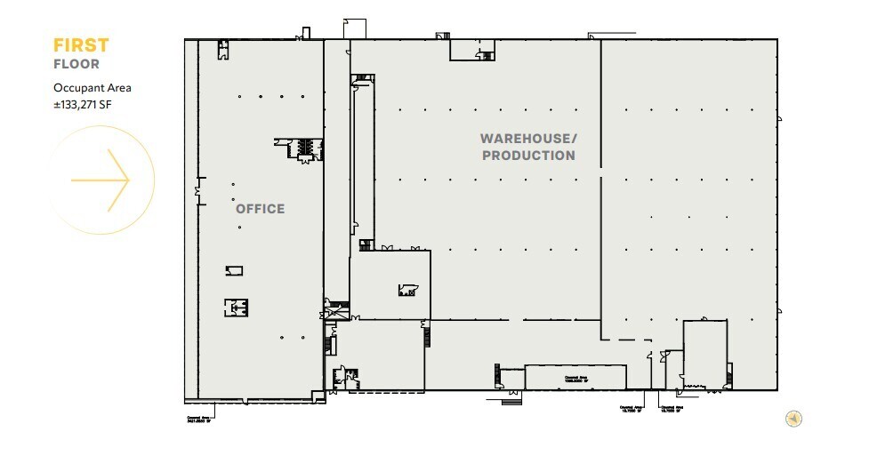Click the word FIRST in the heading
(x=81, y=45)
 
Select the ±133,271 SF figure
(x=89, y=104)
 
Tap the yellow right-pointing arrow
(x=101, y=180)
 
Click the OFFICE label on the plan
(x=260, y=209)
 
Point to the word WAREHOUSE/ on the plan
(x=528, y=139)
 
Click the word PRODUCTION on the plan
(x=528, y=156)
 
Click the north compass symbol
(x=794, y=418)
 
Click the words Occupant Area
(x=93, y=88)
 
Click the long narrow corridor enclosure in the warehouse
(x=361, y=160)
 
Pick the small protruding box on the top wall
(x=354, y=28)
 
